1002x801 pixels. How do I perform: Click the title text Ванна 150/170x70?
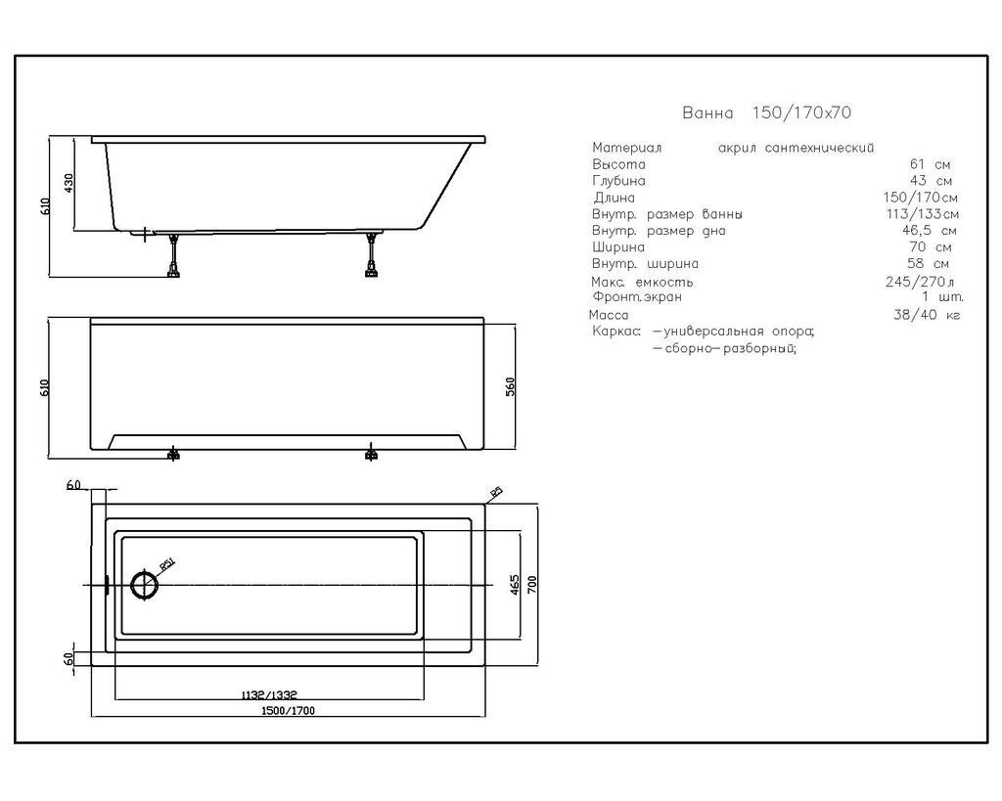(x=766, y=113)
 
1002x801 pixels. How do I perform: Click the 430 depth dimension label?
(x=69, y=183)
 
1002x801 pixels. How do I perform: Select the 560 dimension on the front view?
(x=510, y=386)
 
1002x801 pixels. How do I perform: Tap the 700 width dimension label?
(x=533, y=585)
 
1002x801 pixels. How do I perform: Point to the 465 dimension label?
(x=515, y=585)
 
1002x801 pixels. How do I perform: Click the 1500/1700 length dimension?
(x=289, y=710)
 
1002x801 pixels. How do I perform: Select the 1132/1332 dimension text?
(x=269, y=694)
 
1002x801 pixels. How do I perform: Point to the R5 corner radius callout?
(x=496, y=492)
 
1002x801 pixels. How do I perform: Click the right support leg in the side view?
(x=371, y=255)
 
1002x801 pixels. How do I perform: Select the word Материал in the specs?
(x=626, y=149)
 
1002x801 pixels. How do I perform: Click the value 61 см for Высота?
(x=930, y=164)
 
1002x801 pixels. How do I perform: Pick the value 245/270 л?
(x=920, y=282)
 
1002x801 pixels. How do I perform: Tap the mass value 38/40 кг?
(x=927, y=315)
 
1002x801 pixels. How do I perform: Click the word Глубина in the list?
(x=618, y=181)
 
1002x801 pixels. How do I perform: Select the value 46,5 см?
(x=930, y=231)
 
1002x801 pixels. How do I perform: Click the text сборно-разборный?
(x=725, y=349)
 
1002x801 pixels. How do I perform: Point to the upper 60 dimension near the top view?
(x=73, y=485)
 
